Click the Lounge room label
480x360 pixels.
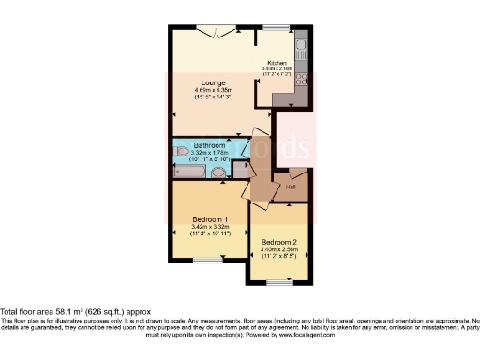pos(210,82)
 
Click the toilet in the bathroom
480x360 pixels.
pos(180,150)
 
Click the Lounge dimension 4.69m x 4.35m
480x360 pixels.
pos(210,91)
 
